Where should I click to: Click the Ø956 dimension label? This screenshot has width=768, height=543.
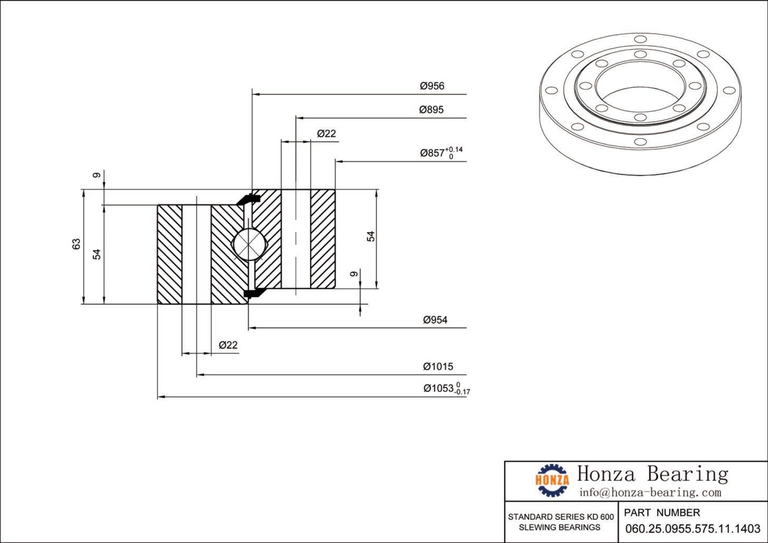[x=432, y=86]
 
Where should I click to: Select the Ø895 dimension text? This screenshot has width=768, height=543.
[x=431, y=110]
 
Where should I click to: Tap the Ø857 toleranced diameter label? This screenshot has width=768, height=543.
[x=441, y=152]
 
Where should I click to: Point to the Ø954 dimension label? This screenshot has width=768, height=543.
[x=435, y=320]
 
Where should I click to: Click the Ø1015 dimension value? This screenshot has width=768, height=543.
[x=438, y=366]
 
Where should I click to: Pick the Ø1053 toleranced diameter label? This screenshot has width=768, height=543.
[x=446, y=388]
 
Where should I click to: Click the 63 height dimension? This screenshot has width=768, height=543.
[x=76, y=244]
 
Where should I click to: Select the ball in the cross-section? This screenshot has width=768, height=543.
[x=248, y=244]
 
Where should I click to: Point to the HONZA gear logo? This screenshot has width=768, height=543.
[x=552, y=480]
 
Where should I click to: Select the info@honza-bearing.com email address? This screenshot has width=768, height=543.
[x=650, y=492]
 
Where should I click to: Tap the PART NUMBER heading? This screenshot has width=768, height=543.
[x=662, y=513]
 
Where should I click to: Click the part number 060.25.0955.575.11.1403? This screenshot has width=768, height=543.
[x=692, y=529]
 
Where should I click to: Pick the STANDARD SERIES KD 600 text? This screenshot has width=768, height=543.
[x=560, y=517]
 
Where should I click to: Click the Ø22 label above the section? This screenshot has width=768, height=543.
[x=326, y=133]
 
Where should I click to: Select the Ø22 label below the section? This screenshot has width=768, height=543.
[x=228, y=345]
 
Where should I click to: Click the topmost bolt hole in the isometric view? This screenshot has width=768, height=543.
[x=640, y=39]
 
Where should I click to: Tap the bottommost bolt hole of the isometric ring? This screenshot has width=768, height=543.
[x=640, y=142]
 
